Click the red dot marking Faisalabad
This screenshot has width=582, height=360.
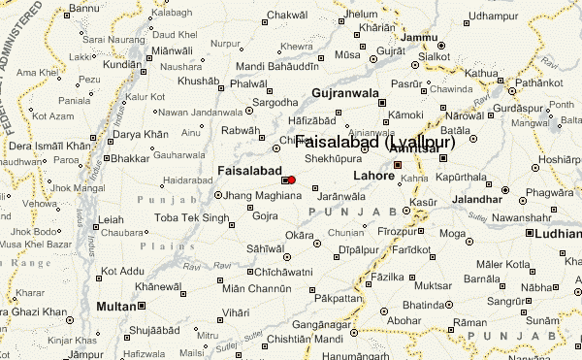pyautogui.click(x=292, y=180)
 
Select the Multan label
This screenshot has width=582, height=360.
pyautogui.click(x=117, y=306)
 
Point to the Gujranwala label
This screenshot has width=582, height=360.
pyautogui.click(x=345, y=93)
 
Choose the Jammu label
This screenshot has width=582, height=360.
pyautogui.click(x=419, y=38)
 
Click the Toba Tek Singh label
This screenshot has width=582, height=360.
pyautogui.click(x=189, y=217)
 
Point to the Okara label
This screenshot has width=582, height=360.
pyautogui.click(x=299, y=235)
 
